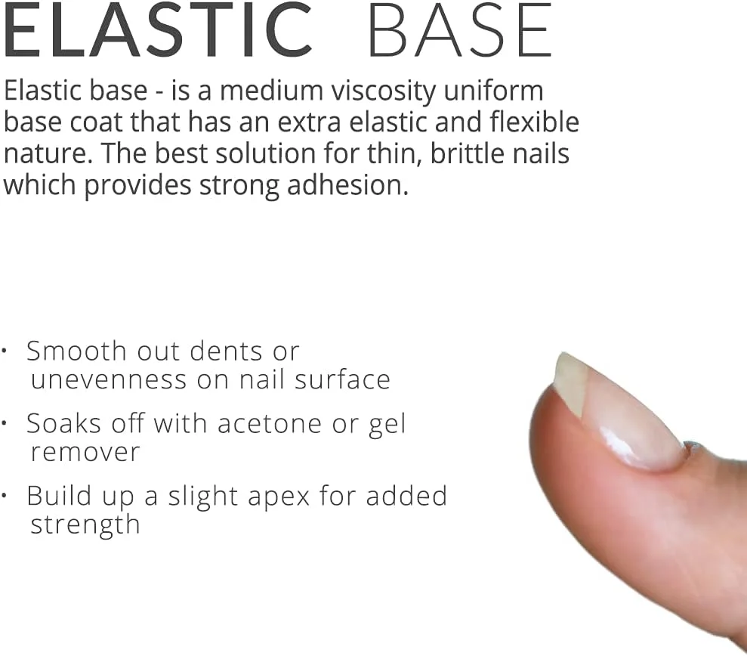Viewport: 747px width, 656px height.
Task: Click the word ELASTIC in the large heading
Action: point(157,30)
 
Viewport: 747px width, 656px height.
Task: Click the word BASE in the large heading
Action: point(460,30)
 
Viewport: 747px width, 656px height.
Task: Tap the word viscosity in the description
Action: point(384,91)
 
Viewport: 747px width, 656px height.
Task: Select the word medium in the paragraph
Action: point(272,91)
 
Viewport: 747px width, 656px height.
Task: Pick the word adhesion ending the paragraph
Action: point(347,185)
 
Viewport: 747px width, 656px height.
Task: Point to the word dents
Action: point(226,351)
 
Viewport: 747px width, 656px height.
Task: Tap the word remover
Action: point(85,453)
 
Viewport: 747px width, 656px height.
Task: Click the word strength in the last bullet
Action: point(85,525)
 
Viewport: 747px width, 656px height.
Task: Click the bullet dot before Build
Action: point(4,496)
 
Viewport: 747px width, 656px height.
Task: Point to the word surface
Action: point(343,380)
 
